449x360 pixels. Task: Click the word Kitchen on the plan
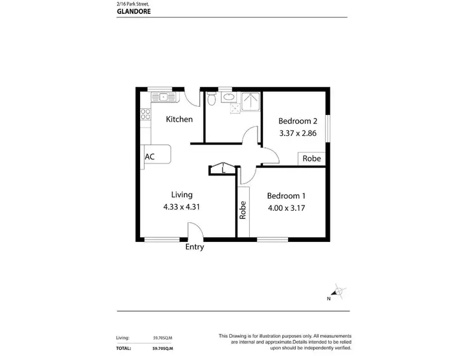[x=179, y=119]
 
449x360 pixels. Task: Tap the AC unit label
[x=150, y=156]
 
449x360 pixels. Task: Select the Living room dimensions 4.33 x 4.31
[x=181, y=207]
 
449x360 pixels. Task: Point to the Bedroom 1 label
[x=286, y=196]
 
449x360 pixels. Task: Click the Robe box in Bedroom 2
[x=311, y=159]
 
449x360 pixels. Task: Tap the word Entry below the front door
[x=195, y=247]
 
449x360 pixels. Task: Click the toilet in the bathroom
[x=211, y=100]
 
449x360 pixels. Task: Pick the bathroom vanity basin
[x=228, y=99]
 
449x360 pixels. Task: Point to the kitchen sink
[x=162, y=96]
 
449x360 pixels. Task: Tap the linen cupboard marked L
[x=223, y=170]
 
